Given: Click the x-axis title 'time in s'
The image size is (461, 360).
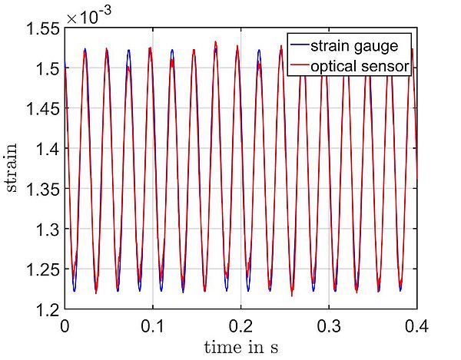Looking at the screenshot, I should point(240,347).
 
